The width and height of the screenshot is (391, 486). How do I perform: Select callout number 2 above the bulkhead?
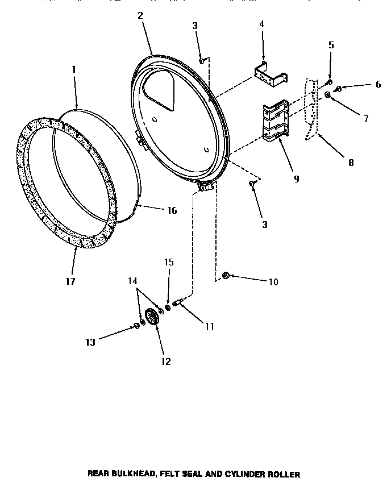[140, 15]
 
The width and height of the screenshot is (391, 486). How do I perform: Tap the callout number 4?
[261, 24]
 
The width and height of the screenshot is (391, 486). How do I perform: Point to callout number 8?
[351, 162]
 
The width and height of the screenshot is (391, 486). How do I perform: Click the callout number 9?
[297, 178]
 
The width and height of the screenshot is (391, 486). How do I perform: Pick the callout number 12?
[166, 362]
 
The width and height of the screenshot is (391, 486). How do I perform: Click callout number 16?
[172, 210]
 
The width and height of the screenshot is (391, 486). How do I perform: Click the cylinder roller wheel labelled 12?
[152, 317]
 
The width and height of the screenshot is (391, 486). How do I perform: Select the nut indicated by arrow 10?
[225, 276]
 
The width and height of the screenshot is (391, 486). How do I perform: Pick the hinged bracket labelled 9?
[276, 120]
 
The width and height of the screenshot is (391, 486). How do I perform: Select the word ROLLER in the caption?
[284, 474]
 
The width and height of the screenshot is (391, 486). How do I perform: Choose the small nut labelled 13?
[136, 325]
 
